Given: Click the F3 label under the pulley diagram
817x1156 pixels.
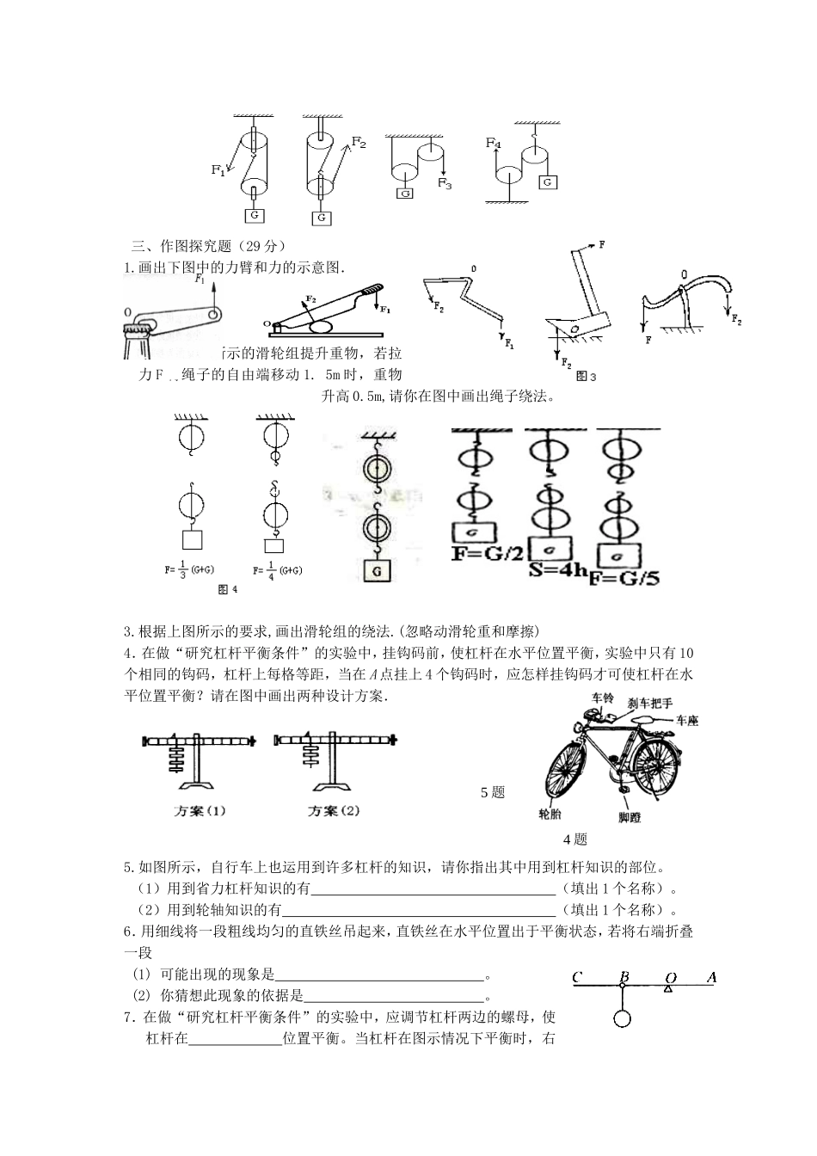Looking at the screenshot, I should tap(444, 183).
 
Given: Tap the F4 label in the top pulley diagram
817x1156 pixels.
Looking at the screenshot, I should tap(493, 143).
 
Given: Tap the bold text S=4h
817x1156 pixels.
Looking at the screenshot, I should tap(558, 569).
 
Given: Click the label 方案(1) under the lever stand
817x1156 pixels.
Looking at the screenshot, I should tap(200, 810).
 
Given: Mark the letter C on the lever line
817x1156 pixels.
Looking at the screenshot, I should tap(577, 977).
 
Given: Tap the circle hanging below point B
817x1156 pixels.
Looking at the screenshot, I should tap(623, 1018).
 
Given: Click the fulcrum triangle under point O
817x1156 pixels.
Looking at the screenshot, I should tap(667, 989).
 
